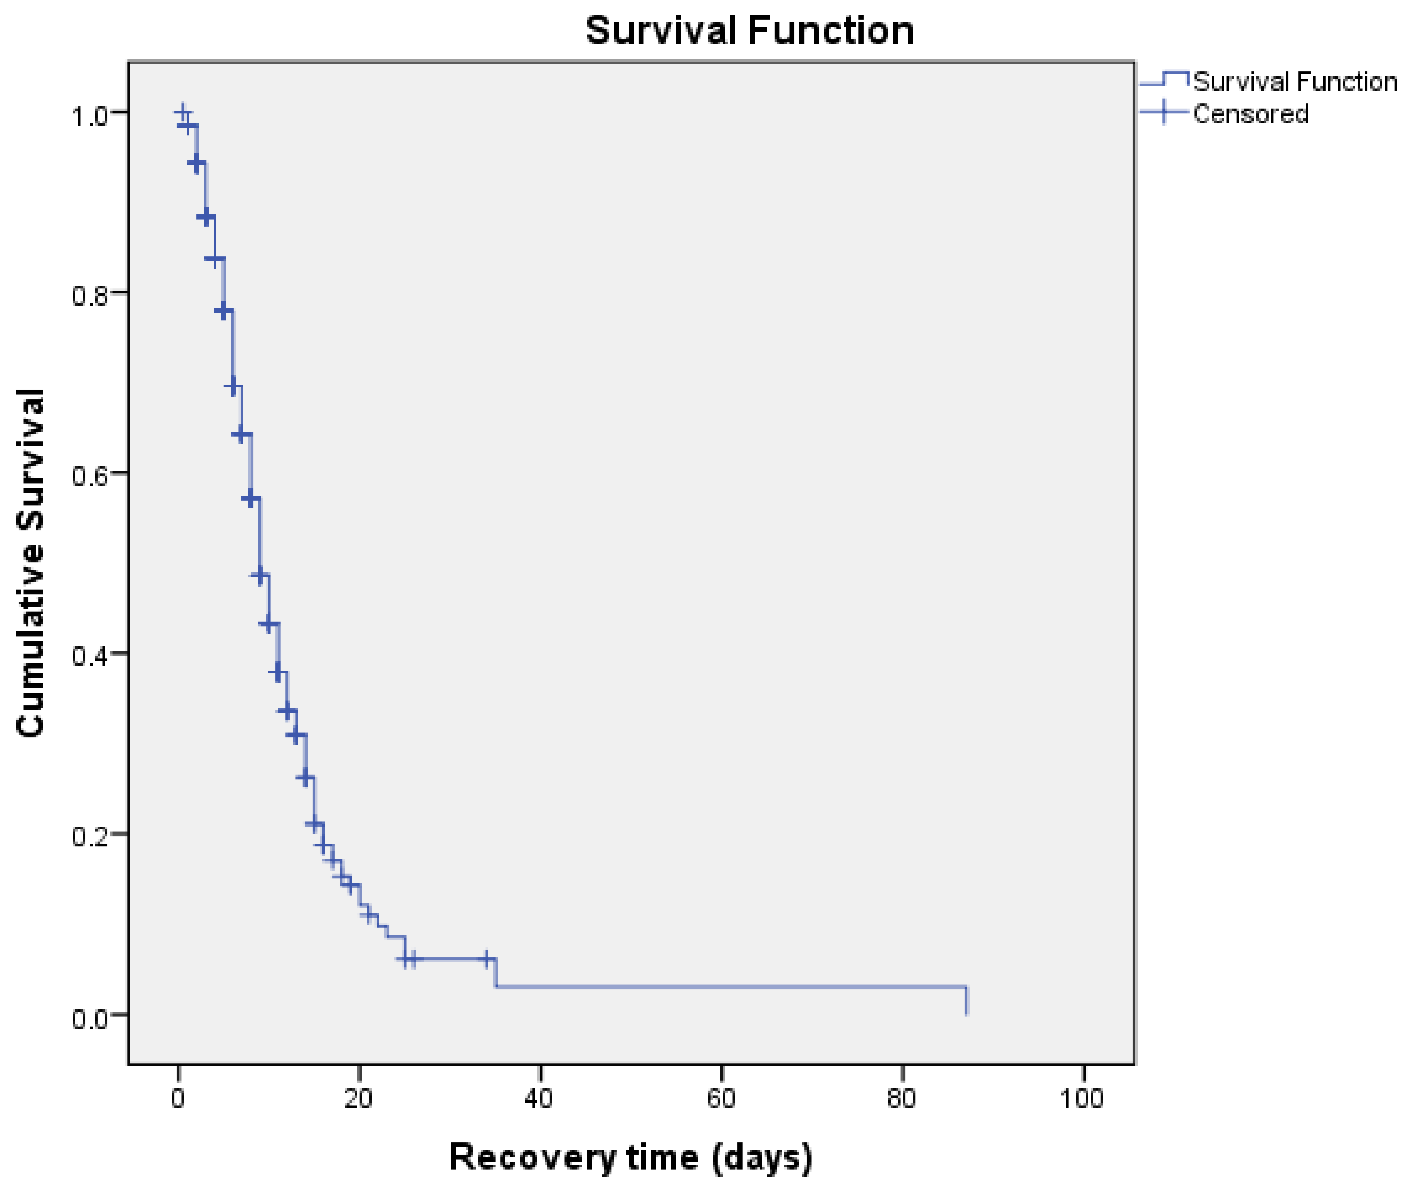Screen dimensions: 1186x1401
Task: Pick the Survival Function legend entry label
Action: pyautogui.click(x=1295, y=82)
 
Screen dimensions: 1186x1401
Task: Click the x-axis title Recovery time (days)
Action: pyautogui.click(x=630, y=1157)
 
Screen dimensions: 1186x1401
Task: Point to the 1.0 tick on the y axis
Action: pyautogui.click(x=90, y=116)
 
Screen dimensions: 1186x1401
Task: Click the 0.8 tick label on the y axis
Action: pyautogui.click(x=90, y=296)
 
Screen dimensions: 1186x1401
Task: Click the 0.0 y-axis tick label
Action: pyautogui.click(x=90, y=1018)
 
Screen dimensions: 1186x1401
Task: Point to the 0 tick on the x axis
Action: pyautogui.click(x=177, y=1098)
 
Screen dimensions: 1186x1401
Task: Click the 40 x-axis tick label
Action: pyautogui.click(x=539, y=1098)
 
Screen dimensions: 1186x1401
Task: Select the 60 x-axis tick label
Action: pyautogui.click(x=720, y=1098)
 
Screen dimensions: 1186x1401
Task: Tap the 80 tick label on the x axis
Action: pyautogui.click(x=901, y=1098)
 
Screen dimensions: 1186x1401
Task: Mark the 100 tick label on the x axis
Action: pyautogui.click(x=1081, y=1098)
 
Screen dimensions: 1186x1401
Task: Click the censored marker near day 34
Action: pyautogui.click(x=486, y=960)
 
